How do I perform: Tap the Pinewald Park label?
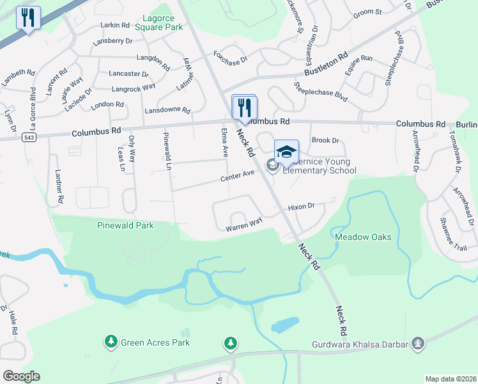click(x=125, y=226)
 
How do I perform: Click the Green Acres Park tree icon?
click(x=111, y=342)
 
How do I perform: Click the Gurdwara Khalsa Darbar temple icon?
click(x=418, y=344)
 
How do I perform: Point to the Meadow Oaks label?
click(x=363, y=237)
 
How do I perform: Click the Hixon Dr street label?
click(x=302, y=207)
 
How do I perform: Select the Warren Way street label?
click(x=243, y=225)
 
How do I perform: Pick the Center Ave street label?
click(x=238, y=177)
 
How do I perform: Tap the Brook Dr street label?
click(x=325, y=140)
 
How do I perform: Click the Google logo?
click(x=21, y=376)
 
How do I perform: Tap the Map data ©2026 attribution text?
click(x=450, y=379)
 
